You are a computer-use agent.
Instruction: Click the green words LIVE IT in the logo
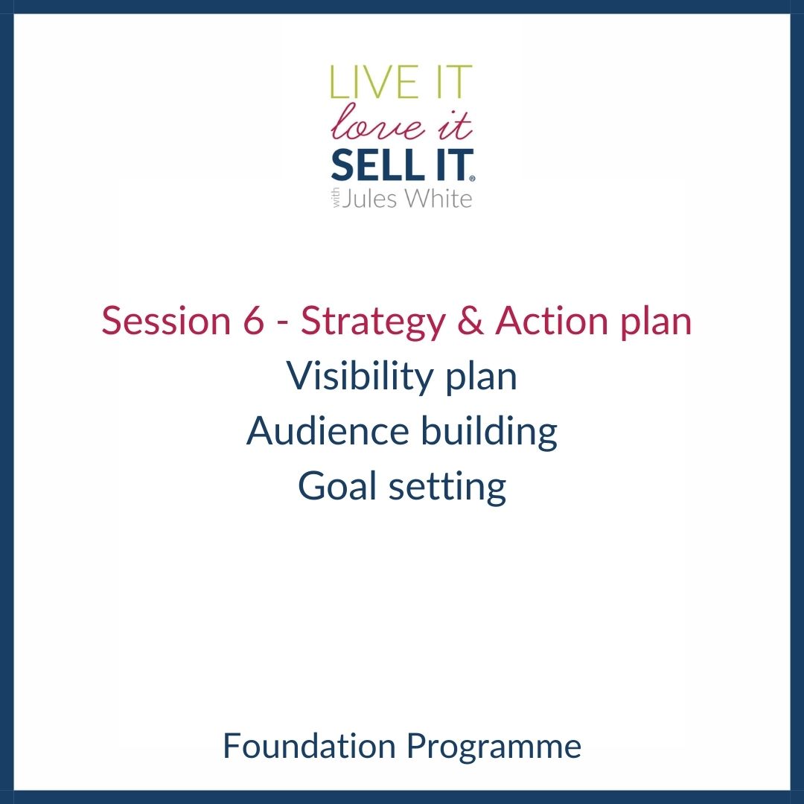[401, 82]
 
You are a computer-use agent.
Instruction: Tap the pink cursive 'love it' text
[401, 122]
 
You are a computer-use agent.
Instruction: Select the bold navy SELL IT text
[401, 165]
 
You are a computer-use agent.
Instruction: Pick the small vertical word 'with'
[336, 199]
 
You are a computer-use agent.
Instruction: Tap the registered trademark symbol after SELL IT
[472, 179]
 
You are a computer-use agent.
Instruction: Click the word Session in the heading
[166, 321]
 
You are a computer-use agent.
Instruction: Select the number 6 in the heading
[253, 320]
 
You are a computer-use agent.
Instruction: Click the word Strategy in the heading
[373, 323]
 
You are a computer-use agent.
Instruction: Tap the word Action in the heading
[552, 320]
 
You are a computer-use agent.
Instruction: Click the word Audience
[328, 431]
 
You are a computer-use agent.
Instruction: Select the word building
[489, 433]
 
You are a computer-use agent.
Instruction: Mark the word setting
[447, 488]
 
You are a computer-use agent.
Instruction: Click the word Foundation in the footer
[309, 746]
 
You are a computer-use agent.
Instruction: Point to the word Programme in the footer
[494, 748]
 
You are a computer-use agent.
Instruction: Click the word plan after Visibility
[481, 378]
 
